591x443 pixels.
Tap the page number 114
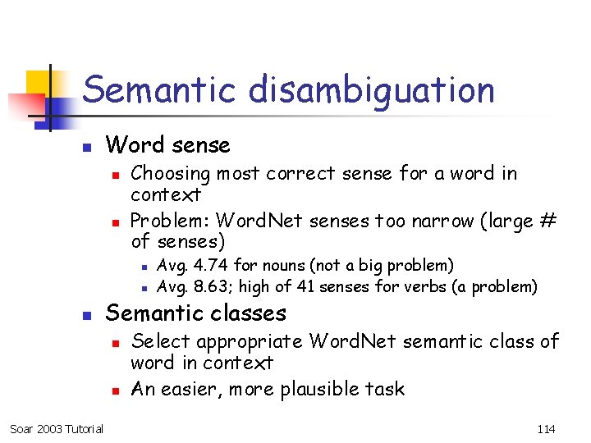tap(546, 428)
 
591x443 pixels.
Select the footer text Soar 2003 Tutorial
tap(57, 428)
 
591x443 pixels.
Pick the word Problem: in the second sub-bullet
tap(167, 221)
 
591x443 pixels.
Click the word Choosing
tap(171, 174)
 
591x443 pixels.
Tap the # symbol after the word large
tap(548, 221)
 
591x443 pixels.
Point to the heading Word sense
tap(168, 145)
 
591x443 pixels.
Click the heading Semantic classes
tap(196, 313)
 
